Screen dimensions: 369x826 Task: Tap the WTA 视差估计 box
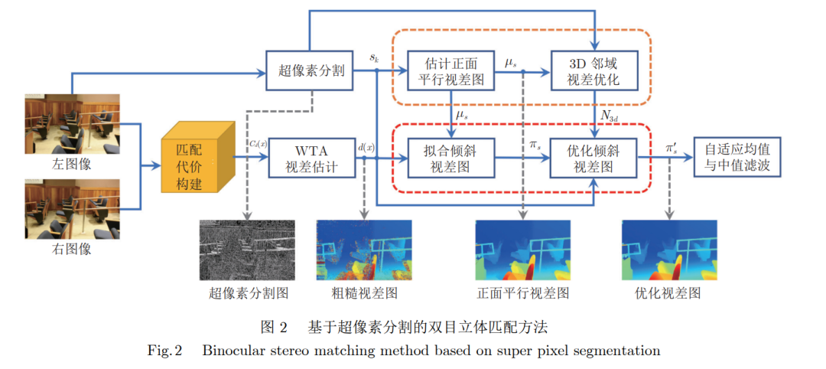(311, 157)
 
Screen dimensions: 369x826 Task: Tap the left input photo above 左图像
(73, 123)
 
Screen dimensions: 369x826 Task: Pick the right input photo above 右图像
(73, 209)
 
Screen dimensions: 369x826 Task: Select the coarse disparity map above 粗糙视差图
(364, 250)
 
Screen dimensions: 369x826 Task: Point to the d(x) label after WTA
(366, 145)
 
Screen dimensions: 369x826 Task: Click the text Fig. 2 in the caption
(165, 351)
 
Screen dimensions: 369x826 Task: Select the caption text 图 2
(273, 327)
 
